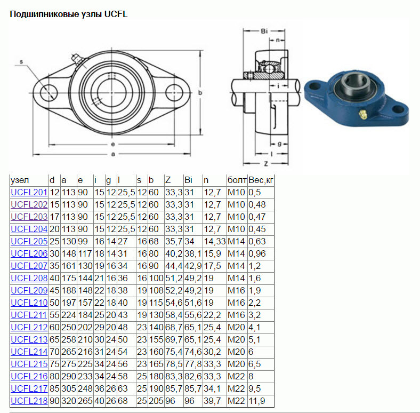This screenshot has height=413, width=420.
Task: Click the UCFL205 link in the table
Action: pos(29,241)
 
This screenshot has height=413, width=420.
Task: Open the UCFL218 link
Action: pos(29,401)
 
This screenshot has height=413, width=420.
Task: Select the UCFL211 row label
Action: pos(29,315)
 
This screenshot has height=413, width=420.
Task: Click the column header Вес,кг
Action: pos(261,180)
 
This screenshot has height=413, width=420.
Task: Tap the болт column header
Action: pos(237,180)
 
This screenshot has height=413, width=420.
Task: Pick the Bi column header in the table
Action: pos(188,180)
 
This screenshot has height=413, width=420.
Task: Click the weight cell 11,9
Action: pos(256,401)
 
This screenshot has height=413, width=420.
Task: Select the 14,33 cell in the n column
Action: pos(215,242)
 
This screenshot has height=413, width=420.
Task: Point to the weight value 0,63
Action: pos(257,242)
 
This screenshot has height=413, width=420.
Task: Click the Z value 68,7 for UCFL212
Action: pos(174,328)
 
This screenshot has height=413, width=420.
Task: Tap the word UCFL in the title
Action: pos(116,14)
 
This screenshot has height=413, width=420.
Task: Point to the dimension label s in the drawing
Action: pos(21,62)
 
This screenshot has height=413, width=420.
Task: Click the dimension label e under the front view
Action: pos(113,145)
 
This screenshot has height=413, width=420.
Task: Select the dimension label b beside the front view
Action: pos(200,93)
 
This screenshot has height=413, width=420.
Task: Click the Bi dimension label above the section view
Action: pos(264,31)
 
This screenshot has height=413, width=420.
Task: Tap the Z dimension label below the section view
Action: pos(266,164)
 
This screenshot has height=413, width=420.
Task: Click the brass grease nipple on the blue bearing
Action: pos(363,115)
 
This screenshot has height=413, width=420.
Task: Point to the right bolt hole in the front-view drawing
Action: pos(174,93)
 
